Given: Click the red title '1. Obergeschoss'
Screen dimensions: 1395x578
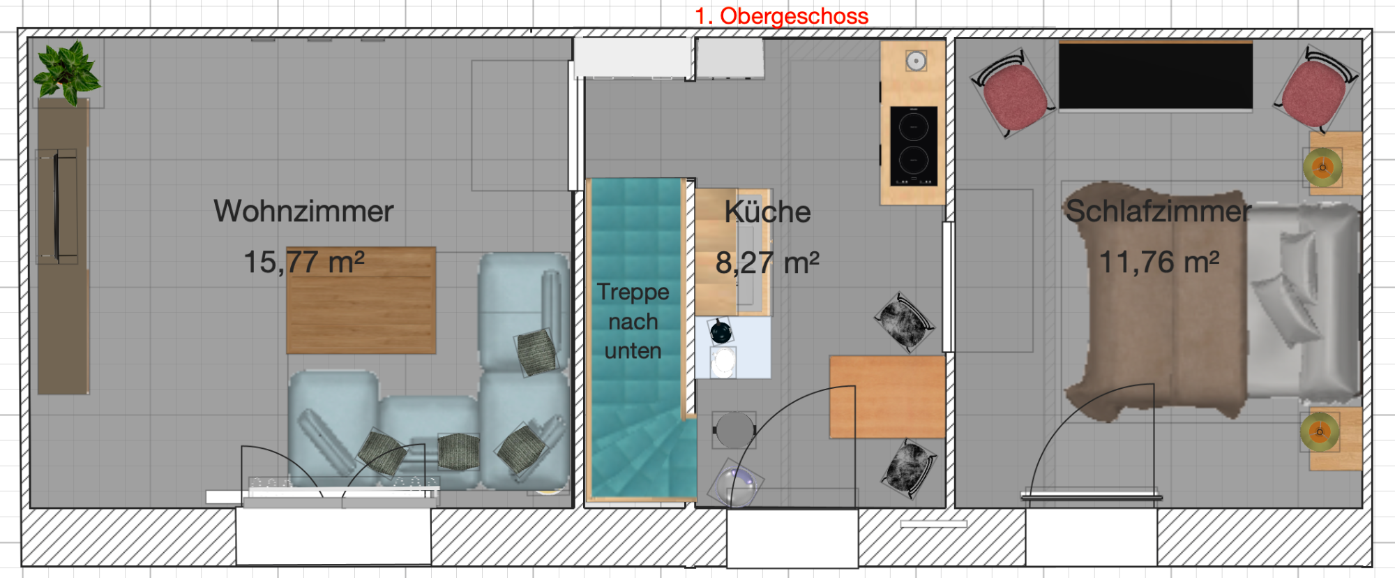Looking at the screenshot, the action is click(781, 15).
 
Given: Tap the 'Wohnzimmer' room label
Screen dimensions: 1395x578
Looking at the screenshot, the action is click(303, 211).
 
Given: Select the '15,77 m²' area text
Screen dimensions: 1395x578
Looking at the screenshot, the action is click(303, 262).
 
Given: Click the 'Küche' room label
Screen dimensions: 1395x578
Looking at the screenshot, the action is click(767, 212).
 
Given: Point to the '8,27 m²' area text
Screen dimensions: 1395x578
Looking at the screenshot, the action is click(767, 262).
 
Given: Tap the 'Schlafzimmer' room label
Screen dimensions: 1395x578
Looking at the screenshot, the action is click(1159, 211).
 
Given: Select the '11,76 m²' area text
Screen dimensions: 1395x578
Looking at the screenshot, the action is click(1159, 262).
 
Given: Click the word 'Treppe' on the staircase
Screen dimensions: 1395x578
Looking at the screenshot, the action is click(633, 292).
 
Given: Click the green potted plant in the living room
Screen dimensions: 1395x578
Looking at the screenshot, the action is click(67, 72).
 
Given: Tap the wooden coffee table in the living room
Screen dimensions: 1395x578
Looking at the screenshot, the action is click(361, 300).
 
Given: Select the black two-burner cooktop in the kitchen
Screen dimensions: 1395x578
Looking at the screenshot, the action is click(914, 146).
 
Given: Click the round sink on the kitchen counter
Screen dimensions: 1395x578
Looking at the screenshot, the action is click(916, 61).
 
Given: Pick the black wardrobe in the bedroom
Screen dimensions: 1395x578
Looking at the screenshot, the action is click(1156, 75).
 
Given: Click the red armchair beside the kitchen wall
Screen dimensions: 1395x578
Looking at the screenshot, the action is click(1013, 94).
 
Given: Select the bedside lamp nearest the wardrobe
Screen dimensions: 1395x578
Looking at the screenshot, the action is click(1322, 167).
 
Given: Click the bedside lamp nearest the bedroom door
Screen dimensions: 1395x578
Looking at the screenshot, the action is click(1320, 431).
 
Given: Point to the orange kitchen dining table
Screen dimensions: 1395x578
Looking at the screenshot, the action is click(887, 397).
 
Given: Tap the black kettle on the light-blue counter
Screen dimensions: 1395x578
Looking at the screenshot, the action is click(721, 332).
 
